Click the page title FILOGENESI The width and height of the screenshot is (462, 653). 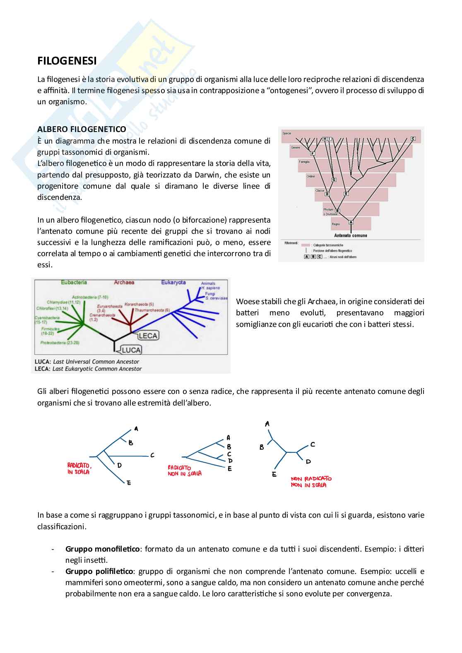(67, 61)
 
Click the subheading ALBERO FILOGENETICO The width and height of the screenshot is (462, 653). (82, 129)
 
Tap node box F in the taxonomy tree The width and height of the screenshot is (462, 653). (313, 154)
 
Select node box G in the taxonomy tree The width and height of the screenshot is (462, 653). (334, 180)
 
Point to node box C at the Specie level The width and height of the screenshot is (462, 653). (413, 139)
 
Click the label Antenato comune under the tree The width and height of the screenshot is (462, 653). (351, 235)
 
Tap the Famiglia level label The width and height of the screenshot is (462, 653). (304, 162)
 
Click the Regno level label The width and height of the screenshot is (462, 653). (336, 224)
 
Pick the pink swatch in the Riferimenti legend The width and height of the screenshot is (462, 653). (306, 245)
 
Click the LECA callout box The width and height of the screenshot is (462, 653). (148, 336)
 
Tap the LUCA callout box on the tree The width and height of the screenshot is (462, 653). (131, 350)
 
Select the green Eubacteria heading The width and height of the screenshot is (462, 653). (74, 282)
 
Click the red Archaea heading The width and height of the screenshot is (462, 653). (124, 282)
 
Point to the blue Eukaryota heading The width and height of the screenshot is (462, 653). (173, 282)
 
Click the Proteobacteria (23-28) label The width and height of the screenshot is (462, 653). (60, 343)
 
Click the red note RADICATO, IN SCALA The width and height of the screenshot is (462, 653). (79, 468)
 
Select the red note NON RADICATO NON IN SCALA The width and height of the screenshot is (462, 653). (311, 482)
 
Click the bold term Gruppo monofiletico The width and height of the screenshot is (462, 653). (102, 549)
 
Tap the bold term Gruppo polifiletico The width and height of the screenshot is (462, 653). (99, 571)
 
